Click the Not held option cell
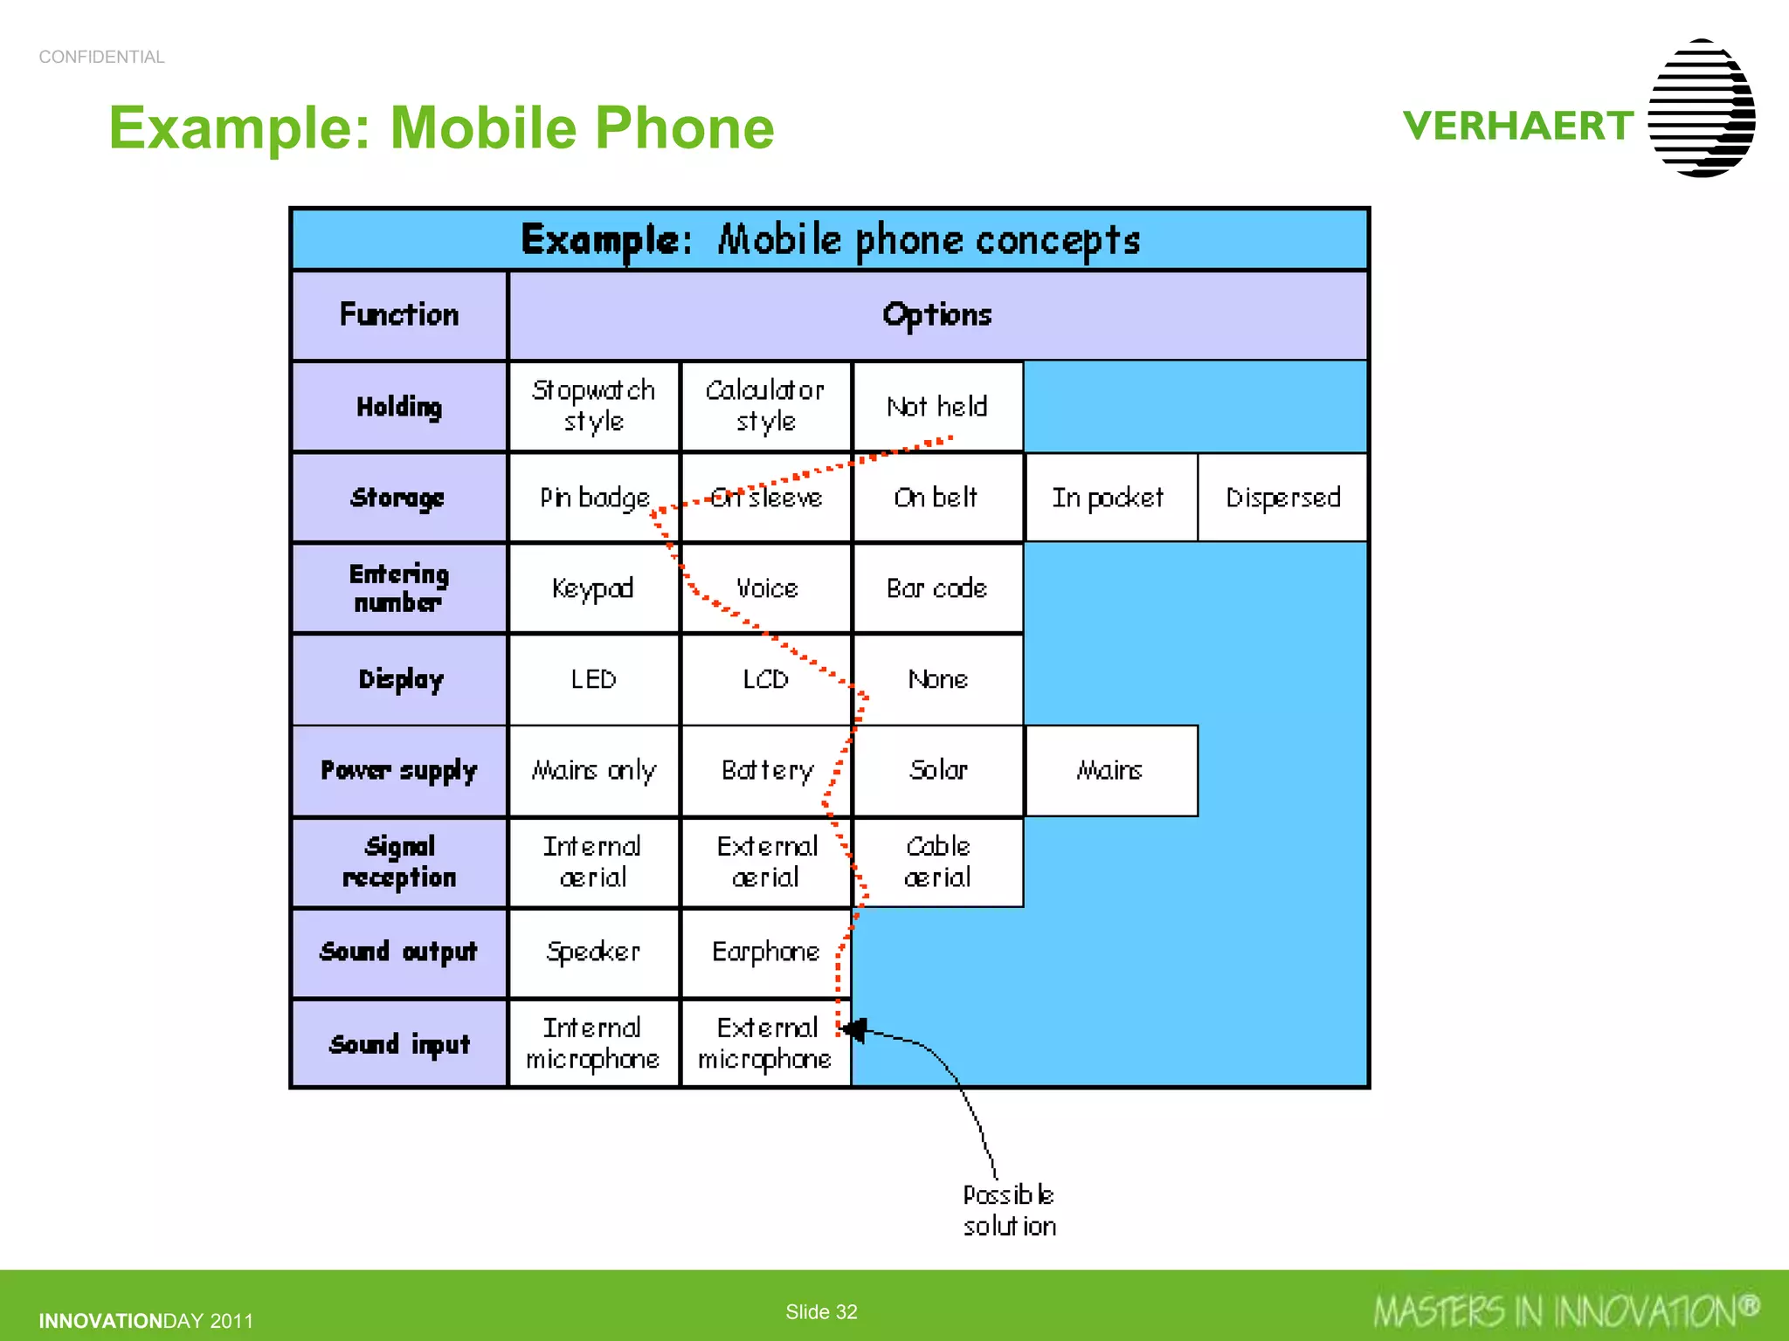937,407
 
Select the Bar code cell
937,588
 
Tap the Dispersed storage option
1282,498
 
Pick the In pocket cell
1109,498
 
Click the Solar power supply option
937,770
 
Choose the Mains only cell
593,770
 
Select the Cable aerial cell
937,862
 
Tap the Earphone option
765,952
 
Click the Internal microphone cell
593,1043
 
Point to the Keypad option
593,588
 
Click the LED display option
593,679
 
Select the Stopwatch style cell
593,407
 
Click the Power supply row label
398,770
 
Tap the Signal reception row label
398,862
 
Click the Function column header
398,314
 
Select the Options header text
937,314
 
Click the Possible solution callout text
1009,1210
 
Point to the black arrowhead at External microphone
854,1030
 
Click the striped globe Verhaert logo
1702,108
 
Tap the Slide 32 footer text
821,1311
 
